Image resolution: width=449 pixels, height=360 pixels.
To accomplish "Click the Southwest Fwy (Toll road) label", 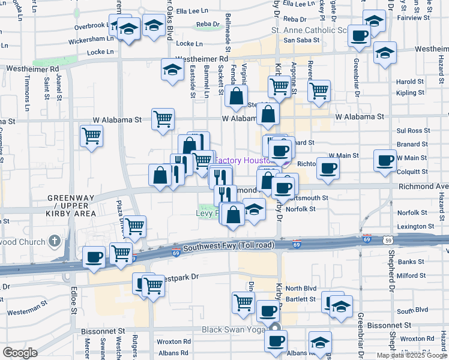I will click(229, 246).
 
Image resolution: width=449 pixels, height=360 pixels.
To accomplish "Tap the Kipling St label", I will click(411, 93).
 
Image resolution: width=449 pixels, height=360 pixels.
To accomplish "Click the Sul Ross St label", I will click(411, 130).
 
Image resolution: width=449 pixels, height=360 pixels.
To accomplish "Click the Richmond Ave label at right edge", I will click(423, 187).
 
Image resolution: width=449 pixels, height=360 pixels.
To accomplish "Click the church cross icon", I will click(55, 242).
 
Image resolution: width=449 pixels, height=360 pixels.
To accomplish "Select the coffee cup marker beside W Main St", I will click(385, 160).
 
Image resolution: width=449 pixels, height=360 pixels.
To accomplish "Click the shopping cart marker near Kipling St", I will click(319, 91).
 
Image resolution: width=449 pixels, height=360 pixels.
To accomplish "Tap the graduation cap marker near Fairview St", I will click(374, 21).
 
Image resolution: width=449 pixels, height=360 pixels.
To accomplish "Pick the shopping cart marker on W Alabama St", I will click(163, 119).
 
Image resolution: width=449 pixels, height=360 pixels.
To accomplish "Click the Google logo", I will click(20, 353).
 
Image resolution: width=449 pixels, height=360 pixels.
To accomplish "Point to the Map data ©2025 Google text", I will click(412, 355).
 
